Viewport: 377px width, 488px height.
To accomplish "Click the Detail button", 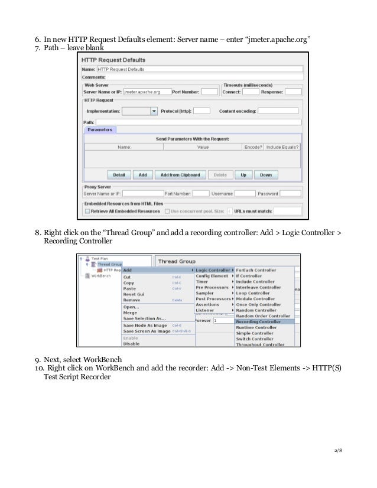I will tap(119, 175).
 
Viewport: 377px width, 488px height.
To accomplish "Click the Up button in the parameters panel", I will tap(243, 175).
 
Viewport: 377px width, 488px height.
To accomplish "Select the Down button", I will tap(266, 175).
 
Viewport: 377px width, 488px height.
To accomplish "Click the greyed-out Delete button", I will tap(220, 175).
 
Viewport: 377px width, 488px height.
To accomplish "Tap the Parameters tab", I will tap(100, 130).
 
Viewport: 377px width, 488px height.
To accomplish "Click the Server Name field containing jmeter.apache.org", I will tap(145, 92).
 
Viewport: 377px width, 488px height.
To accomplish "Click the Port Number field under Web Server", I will tap(209, 92).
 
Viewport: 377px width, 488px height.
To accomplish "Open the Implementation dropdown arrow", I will tap(154, 110).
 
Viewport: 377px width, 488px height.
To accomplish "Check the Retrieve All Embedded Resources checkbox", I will tap(87, 211).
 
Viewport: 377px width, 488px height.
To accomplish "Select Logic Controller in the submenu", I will tap(213, 270).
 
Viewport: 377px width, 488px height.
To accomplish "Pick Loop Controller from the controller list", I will tap(253, 293).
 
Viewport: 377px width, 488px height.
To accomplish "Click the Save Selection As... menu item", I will tap(144, 318).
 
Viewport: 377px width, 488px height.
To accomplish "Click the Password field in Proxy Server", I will tap(290, 193).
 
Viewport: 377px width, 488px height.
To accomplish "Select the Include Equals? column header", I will tap(282, 147).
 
